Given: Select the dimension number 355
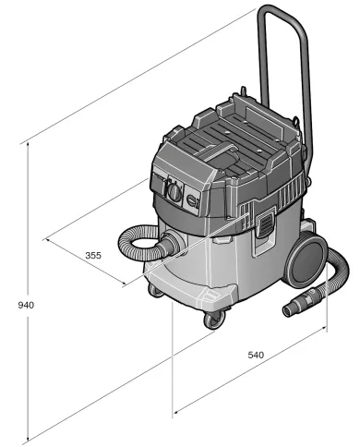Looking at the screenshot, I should coord(93,255).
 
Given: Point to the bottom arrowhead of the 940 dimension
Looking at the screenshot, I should coord(29,437).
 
